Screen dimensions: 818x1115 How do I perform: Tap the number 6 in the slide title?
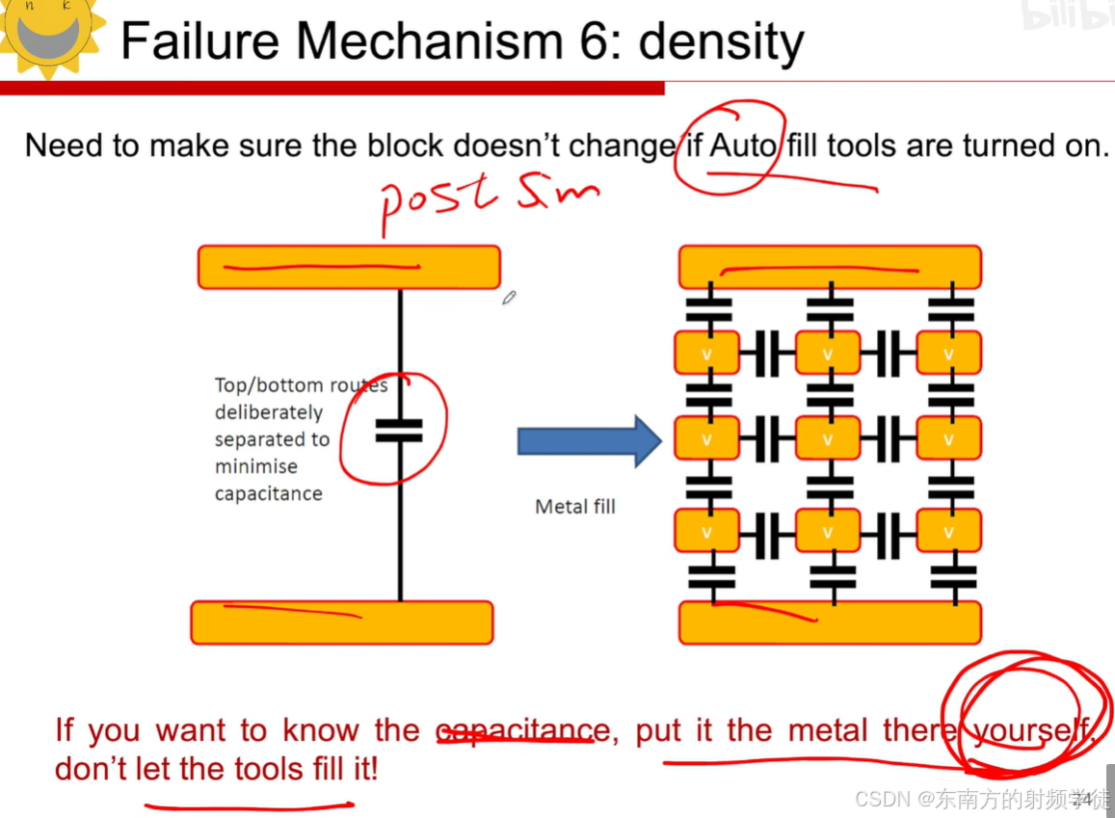599,41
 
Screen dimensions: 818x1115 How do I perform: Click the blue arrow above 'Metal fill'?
589,441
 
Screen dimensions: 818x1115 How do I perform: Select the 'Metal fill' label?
574,506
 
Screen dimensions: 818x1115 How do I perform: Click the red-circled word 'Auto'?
743,146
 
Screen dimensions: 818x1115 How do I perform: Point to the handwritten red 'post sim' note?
487,198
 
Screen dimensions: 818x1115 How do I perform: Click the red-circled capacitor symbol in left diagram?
398,430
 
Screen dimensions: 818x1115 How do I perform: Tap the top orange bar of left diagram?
349,267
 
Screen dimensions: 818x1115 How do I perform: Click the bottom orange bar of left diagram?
342,622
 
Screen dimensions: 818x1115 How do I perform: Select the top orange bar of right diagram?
830,267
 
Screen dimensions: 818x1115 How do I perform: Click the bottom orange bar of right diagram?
830,622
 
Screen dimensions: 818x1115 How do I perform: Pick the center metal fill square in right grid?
828,439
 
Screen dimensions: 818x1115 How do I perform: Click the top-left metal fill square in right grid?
706,354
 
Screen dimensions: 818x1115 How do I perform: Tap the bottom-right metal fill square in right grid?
949,531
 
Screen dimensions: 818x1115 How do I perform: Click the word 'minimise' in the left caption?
255,467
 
